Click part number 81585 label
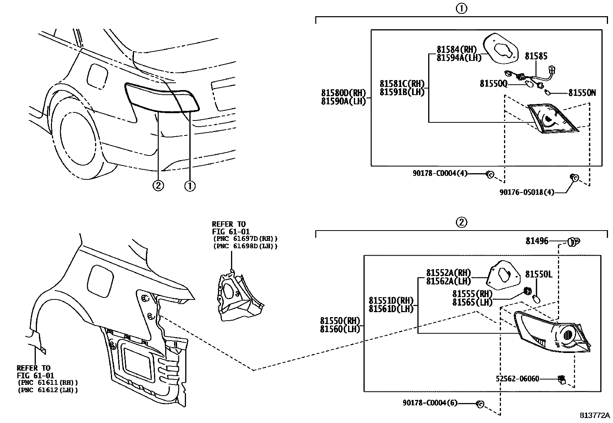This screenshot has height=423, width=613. coord(536,56)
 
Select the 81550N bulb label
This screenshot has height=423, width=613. coord(582,93)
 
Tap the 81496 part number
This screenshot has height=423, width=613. coord(537,241)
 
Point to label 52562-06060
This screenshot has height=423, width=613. coord(518,379)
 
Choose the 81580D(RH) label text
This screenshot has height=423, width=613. coord(343,93)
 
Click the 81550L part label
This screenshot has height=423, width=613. coord(539,274)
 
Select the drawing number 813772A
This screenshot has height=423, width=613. coord(595,416)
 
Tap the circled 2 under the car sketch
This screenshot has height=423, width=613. coord(158,186)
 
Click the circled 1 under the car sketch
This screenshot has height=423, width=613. coord(190,186)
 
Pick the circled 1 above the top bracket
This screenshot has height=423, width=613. coord(461,9)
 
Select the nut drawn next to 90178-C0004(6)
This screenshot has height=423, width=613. coord(480,404)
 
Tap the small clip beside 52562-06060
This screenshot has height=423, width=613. coord(561,380)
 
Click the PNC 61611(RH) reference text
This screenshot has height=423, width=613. coord(48,383)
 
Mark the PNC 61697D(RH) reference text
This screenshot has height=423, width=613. coord(245,239)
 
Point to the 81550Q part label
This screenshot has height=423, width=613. coord(493,84)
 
